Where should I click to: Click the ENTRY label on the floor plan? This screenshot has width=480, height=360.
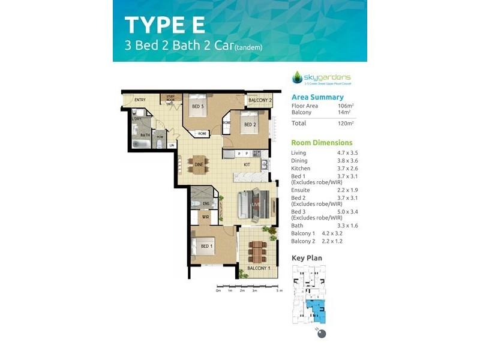point(140,100)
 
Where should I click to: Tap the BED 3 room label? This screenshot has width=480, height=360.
point(198,107)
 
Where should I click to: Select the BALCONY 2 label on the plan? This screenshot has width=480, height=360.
point(260,100)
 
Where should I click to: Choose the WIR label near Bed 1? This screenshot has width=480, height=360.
point(205,217)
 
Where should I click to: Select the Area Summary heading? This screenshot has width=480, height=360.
point(317,97)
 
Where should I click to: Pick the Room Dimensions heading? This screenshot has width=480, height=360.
point(322,143)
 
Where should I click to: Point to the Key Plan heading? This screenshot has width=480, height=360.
point(307,258)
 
